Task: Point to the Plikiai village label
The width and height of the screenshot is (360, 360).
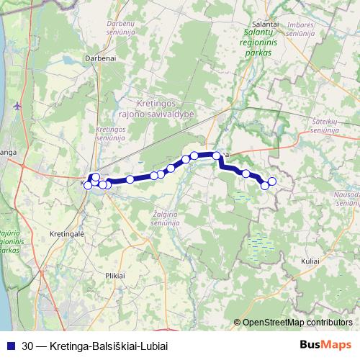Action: coord(115,274)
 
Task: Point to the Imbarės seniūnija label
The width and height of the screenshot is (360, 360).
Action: coord(301,28)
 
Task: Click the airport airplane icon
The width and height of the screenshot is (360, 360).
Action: coord(17,106)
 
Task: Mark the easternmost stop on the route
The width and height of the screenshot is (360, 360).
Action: coord(272,181)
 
